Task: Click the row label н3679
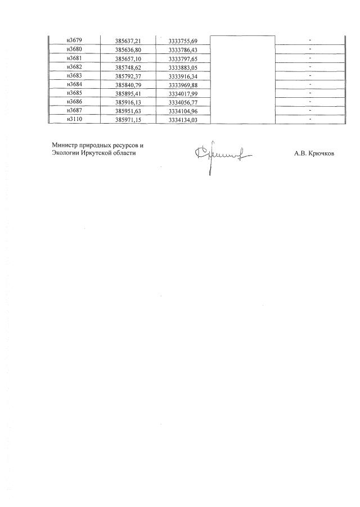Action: tap(74, 40)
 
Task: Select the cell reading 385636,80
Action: tap(128, 49)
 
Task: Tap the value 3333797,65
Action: tap(183, 58)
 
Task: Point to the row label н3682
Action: tap(74, 67)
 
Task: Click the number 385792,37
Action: tap(128, 76)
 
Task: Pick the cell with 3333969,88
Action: tap(183, 85)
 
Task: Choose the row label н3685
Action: tap(74, 93)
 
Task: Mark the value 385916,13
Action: tap(128, 102)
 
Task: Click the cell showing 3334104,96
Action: tap(183, 111)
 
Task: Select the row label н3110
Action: tap(74, 119)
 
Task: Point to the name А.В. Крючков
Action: tap(314, 152)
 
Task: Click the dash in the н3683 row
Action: tap(310, 76)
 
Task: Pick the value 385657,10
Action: tap(128, 58)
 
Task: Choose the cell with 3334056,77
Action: tap(183, 102)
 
